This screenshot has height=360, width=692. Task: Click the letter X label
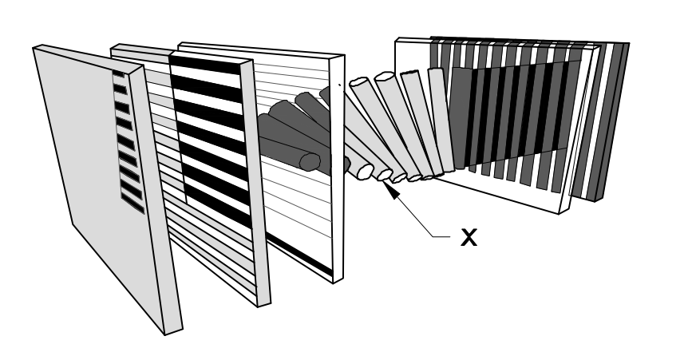469,237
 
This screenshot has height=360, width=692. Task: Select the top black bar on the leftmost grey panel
119,75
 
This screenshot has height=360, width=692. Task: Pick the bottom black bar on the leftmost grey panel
133,206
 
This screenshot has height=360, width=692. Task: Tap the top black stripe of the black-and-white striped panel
204,63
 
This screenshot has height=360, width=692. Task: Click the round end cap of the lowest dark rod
306,162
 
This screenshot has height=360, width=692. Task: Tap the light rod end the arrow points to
385,175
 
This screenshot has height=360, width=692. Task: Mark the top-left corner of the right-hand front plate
397,41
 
